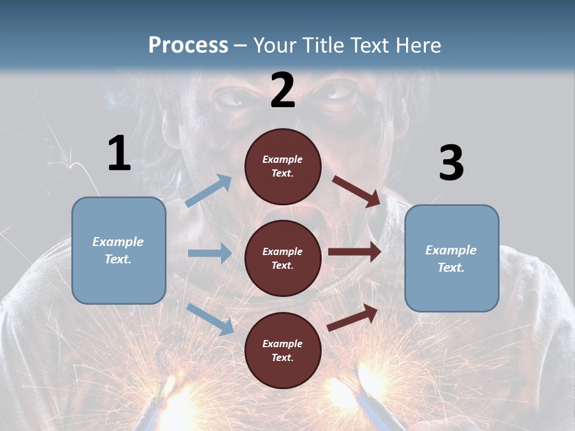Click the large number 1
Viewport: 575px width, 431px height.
pyautogui.click(x=119, y=153)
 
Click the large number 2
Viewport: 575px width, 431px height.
pyautogui.click(x=283, y=90)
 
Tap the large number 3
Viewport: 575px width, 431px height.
pyautogui.click(x=451, y=163)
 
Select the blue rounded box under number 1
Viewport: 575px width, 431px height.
pyautogui.click(x=119, y=250)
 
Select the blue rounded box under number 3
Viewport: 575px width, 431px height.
pyautogui.click(x=452, y=258)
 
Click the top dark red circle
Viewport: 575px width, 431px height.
pyautogui.click(x=283, y=166)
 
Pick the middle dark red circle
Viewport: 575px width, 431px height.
pyautogui.click(x=283, y=258)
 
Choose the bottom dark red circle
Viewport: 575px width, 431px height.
pyautogui.click(x=283, y=350)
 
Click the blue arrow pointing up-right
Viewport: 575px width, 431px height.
pyautogui.click(x=208, y=190)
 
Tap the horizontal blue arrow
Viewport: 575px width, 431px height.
pyautogui.click(x=210, y=253)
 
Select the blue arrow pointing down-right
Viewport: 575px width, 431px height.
pyautogui.click(x=210, y=318)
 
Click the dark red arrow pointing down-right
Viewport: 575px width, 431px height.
pyautogui.click(x=356, y=192)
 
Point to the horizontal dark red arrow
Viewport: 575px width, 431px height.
pyautogui.click(x=355, y=251)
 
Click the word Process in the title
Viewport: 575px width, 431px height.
pyautogui.click(x=188, y=45)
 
